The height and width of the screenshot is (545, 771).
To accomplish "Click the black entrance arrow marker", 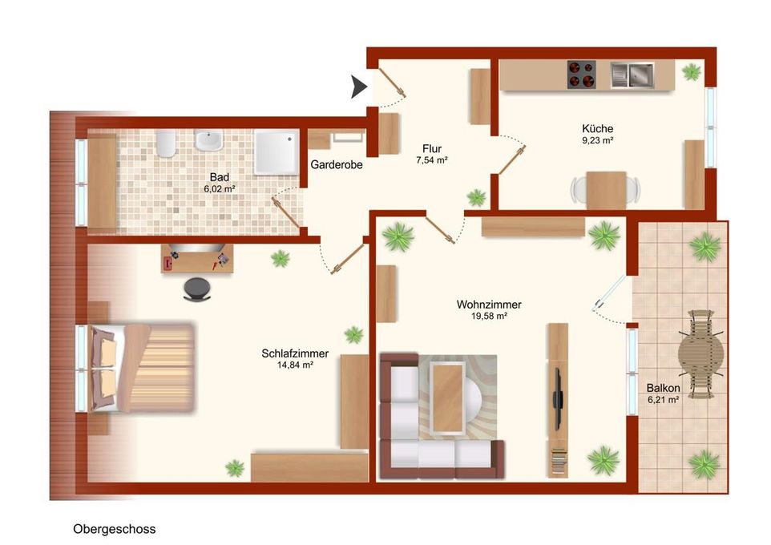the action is [358, 87].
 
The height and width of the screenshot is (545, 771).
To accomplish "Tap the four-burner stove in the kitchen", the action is [582, 75].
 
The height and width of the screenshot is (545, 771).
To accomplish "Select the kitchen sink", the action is [632, 75].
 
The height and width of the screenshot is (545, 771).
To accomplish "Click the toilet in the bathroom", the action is [166, 143].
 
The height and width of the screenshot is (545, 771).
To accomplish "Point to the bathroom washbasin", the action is [209, 140].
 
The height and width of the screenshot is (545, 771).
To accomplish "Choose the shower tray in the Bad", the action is [277, 151].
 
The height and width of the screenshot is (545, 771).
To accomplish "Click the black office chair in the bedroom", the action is [197, 289].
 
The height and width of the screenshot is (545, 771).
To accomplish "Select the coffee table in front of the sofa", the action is [447, 398].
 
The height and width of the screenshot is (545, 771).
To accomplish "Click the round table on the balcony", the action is [700, 353].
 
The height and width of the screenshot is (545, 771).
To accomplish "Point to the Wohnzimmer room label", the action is [489, 305].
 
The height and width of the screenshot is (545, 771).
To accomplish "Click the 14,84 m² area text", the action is [295, 365].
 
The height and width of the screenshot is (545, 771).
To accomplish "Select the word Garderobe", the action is [337, 165].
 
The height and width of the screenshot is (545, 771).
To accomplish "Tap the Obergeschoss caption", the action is [115, 529].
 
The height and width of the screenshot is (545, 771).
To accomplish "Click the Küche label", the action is [597, 128].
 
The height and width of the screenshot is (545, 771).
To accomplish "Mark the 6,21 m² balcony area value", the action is [664, 400].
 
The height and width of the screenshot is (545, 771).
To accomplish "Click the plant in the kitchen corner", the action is [692, 72].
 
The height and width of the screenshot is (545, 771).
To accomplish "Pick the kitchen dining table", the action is [606, 190].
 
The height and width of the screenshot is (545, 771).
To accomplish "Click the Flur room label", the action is [432, 148].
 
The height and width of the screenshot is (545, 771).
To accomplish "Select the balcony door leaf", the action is [609, 293].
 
